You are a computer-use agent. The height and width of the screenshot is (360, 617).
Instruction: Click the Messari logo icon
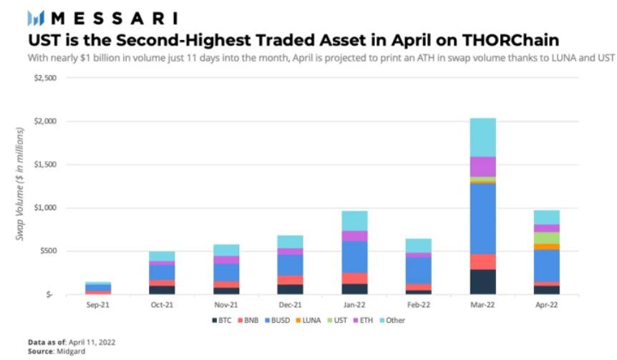click(36, 17)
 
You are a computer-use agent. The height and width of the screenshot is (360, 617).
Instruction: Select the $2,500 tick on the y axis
click(44, 78)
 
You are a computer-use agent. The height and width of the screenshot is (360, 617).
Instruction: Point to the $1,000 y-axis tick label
click(44, 208)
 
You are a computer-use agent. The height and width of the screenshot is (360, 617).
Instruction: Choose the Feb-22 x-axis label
click(419, 303)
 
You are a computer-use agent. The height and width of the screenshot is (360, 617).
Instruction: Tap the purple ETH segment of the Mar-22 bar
click(482, 166)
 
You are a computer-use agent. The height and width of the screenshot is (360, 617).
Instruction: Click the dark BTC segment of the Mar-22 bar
click(482, 281)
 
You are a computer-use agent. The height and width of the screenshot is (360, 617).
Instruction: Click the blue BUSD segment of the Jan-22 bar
click(356, 256)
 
